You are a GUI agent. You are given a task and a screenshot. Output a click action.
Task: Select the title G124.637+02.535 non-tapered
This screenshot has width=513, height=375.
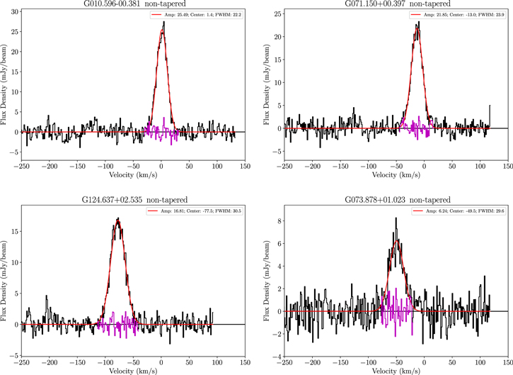click(x=132, y=200)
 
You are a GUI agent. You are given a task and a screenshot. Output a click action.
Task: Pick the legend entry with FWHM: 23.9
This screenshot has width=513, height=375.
click(x=460, y=15)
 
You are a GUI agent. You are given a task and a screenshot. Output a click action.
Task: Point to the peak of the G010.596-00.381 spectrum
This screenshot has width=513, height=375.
click(x=163, y=22)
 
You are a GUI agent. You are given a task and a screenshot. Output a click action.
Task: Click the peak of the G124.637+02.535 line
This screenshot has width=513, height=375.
click(x=118, y=218)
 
